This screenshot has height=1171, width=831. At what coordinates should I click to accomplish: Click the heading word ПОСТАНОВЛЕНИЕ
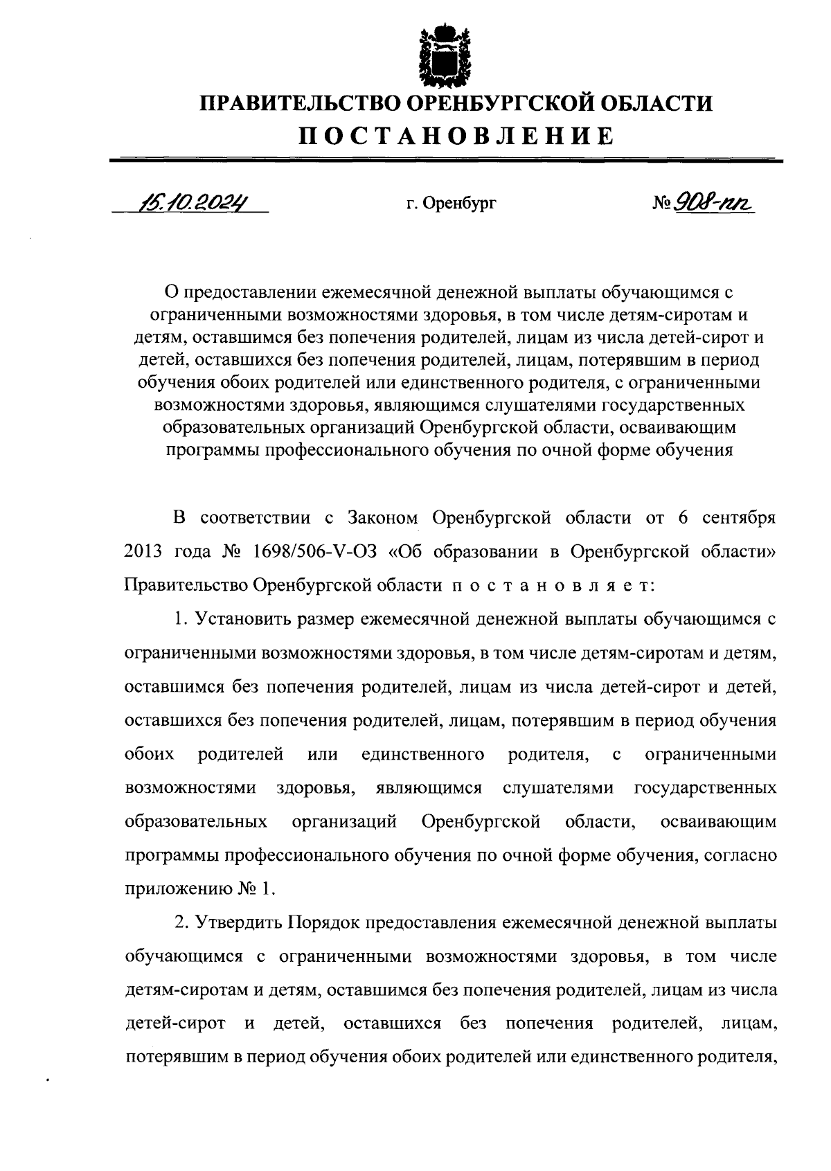(456, 135)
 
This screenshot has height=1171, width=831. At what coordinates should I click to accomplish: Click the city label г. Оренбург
(452, 204)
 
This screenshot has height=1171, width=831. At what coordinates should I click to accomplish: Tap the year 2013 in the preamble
(143, 551)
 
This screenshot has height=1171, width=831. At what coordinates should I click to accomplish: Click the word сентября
(738, 517)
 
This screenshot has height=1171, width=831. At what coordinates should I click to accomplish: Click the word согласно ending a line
(740, 855)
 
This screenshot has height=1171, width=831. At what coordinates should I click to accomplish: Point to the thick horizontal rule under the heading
(446, 161)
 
